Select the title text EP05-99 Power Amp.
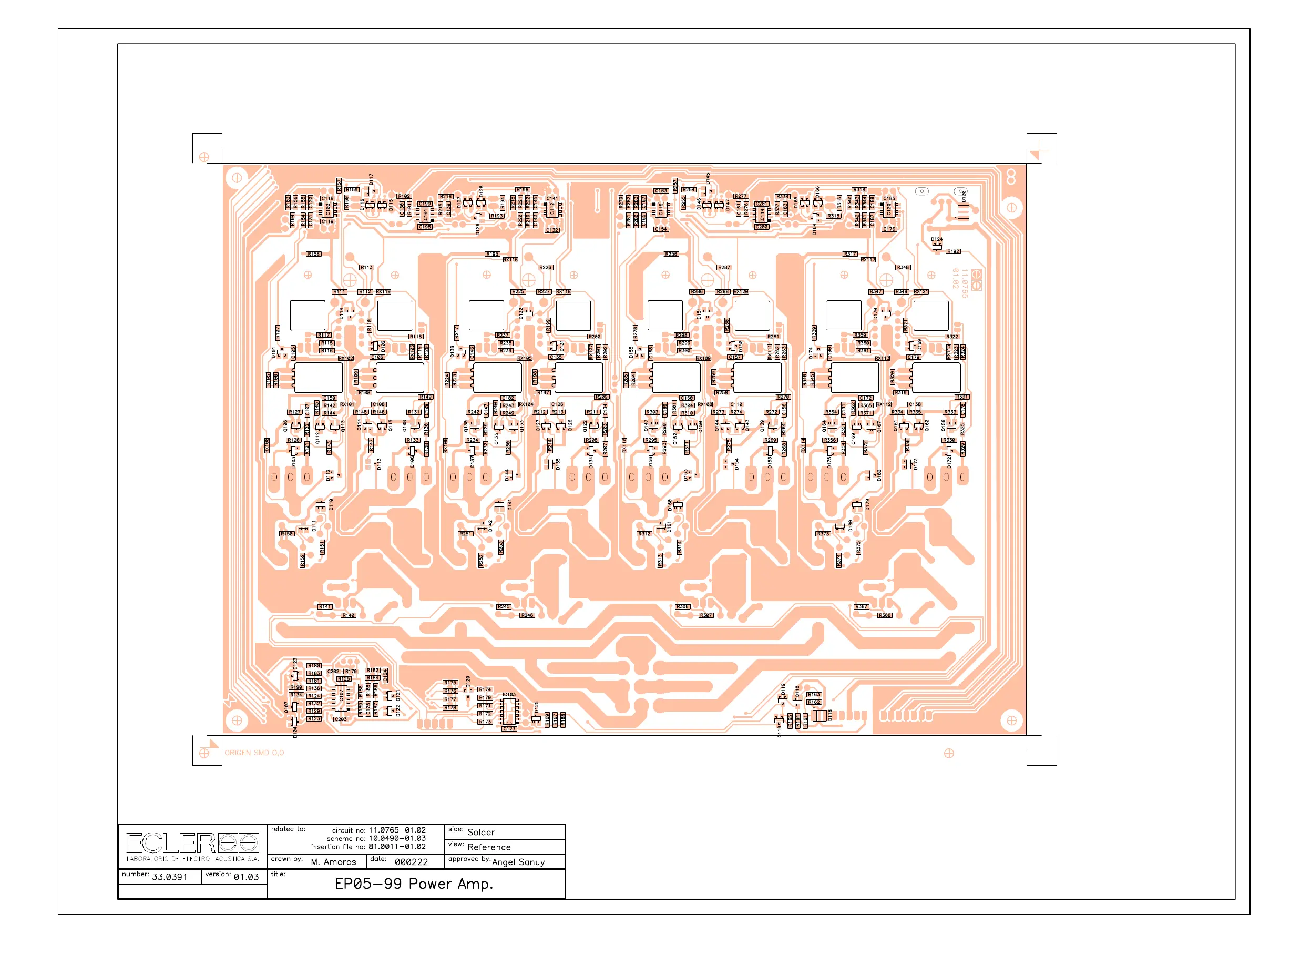(413, 884)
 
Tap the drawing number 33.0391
(169, 877)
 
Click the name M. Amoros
(333, 862)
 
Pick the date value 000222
(411, 862)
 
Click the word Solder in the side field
(480, 832)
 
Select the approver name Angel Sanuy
(518, 862)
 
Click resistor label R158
(313, 255)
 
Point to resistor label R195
(492, 255)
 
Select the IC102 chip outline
(328, 209)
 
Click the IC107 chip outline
(341, 698)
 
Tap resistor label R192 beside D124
(952, 251)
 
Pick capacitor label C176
(888, 229)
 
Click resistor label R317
(849, 255)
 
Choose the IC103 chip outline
(509, 711)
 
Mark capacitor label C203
(341, 719)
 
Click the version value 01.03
(245, 877)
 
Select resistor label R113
(366, 268)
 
